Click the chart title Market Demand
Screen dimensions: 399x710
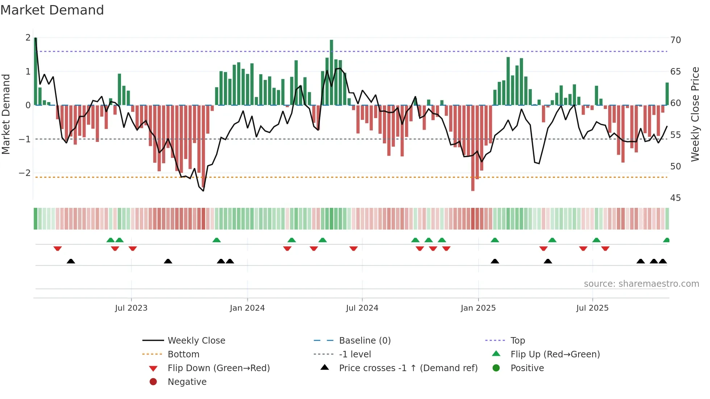tap(52, 10)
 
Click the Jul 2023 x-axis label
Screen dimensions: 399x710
tap(131, 308)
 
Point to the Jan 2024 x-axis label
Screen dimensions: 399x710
tap(247, 308)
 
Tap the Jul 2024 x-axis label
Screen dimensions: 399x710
tap(362, 308)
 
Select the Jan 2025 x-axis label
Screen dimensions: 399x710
tap(478, 308)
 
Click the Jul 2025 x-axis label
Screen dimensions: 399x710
tap(592, 308)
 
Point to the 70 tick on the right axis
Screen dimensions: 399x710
tap(676, 40)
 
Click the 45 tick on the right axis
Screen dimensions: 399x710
tap(676, 198)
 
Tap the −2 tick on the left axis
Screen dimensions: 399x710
tap(25, 173)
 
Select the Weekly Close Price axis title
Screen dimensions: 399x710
tap(695, 114)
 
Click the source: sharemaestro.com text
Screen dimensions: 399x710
tap(641, 284)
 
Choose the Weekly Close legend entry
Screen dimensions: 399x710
tap(196, 341)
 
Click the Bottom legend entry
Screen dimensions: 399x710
tap(183, 354)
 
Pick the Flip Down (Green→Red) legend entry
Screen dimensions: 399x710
tap(218, 368)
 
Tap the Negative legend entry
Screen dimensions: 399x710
tap(187, 382)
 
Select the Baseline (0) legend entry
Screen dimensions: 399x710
tap(364, 341)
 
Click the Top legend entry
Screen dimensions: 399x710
tap(518, 341)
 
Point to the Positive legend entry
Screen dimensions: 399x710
tap(527, 368)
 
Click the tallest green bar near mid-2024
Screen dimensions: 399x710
tap(331, 72)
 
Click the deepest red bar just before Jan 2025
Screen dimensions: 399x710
tap(473, 148)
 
